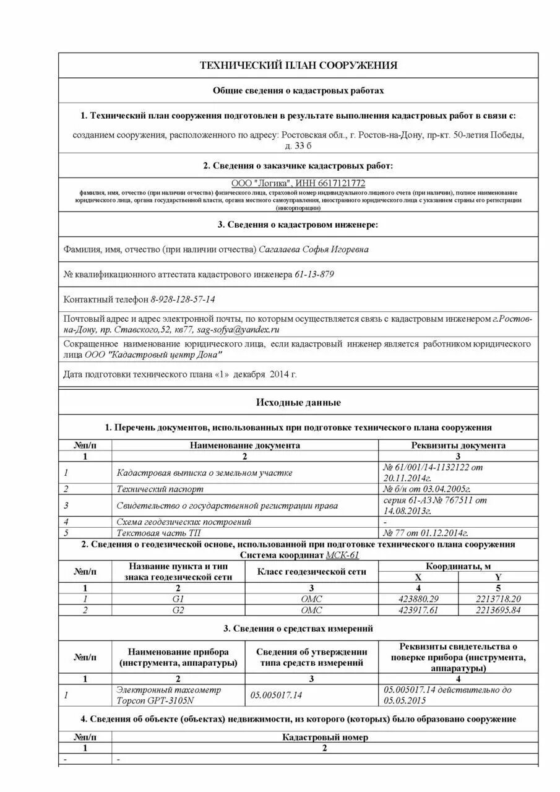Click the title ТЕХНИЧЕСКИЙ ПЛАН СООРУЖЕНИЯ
point(298,66)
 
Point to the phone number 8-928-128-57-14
point(183,299)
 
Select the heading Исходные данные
point(298,403)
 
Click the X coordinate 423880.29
point(418,599)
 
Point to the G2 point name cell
point(179,610)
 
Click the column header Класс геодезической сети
point(311,572)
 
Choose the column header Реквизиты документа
point(458,445)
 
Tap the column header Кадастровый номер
point(325,737)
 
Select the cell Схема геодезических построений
point(184,522)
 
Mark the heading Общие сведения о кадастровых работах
point(298,90)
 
